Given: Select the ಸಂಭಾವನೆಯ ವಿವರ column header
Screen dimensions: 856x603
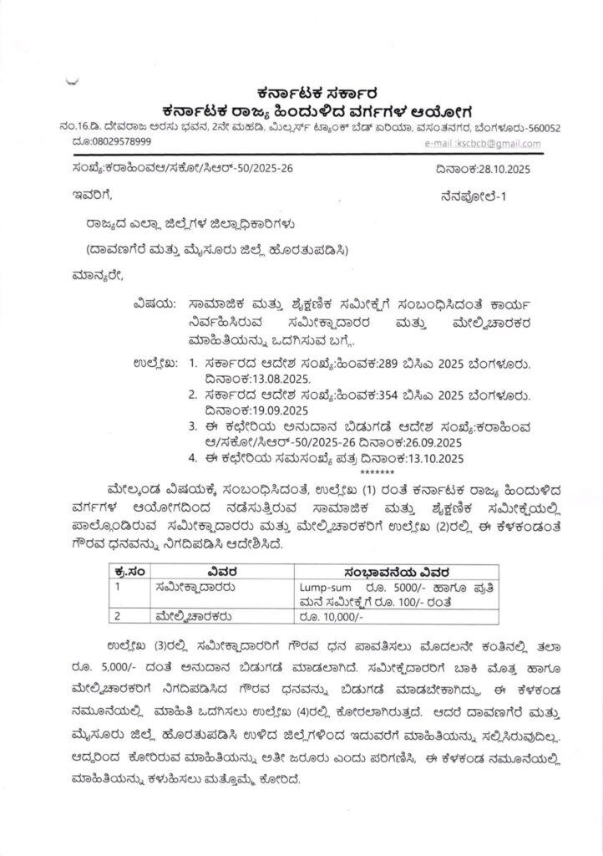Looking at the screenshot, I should [397, 572].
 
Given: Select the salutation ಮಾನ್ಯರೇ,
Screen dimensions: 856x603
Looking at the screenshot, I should [97, 275].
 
